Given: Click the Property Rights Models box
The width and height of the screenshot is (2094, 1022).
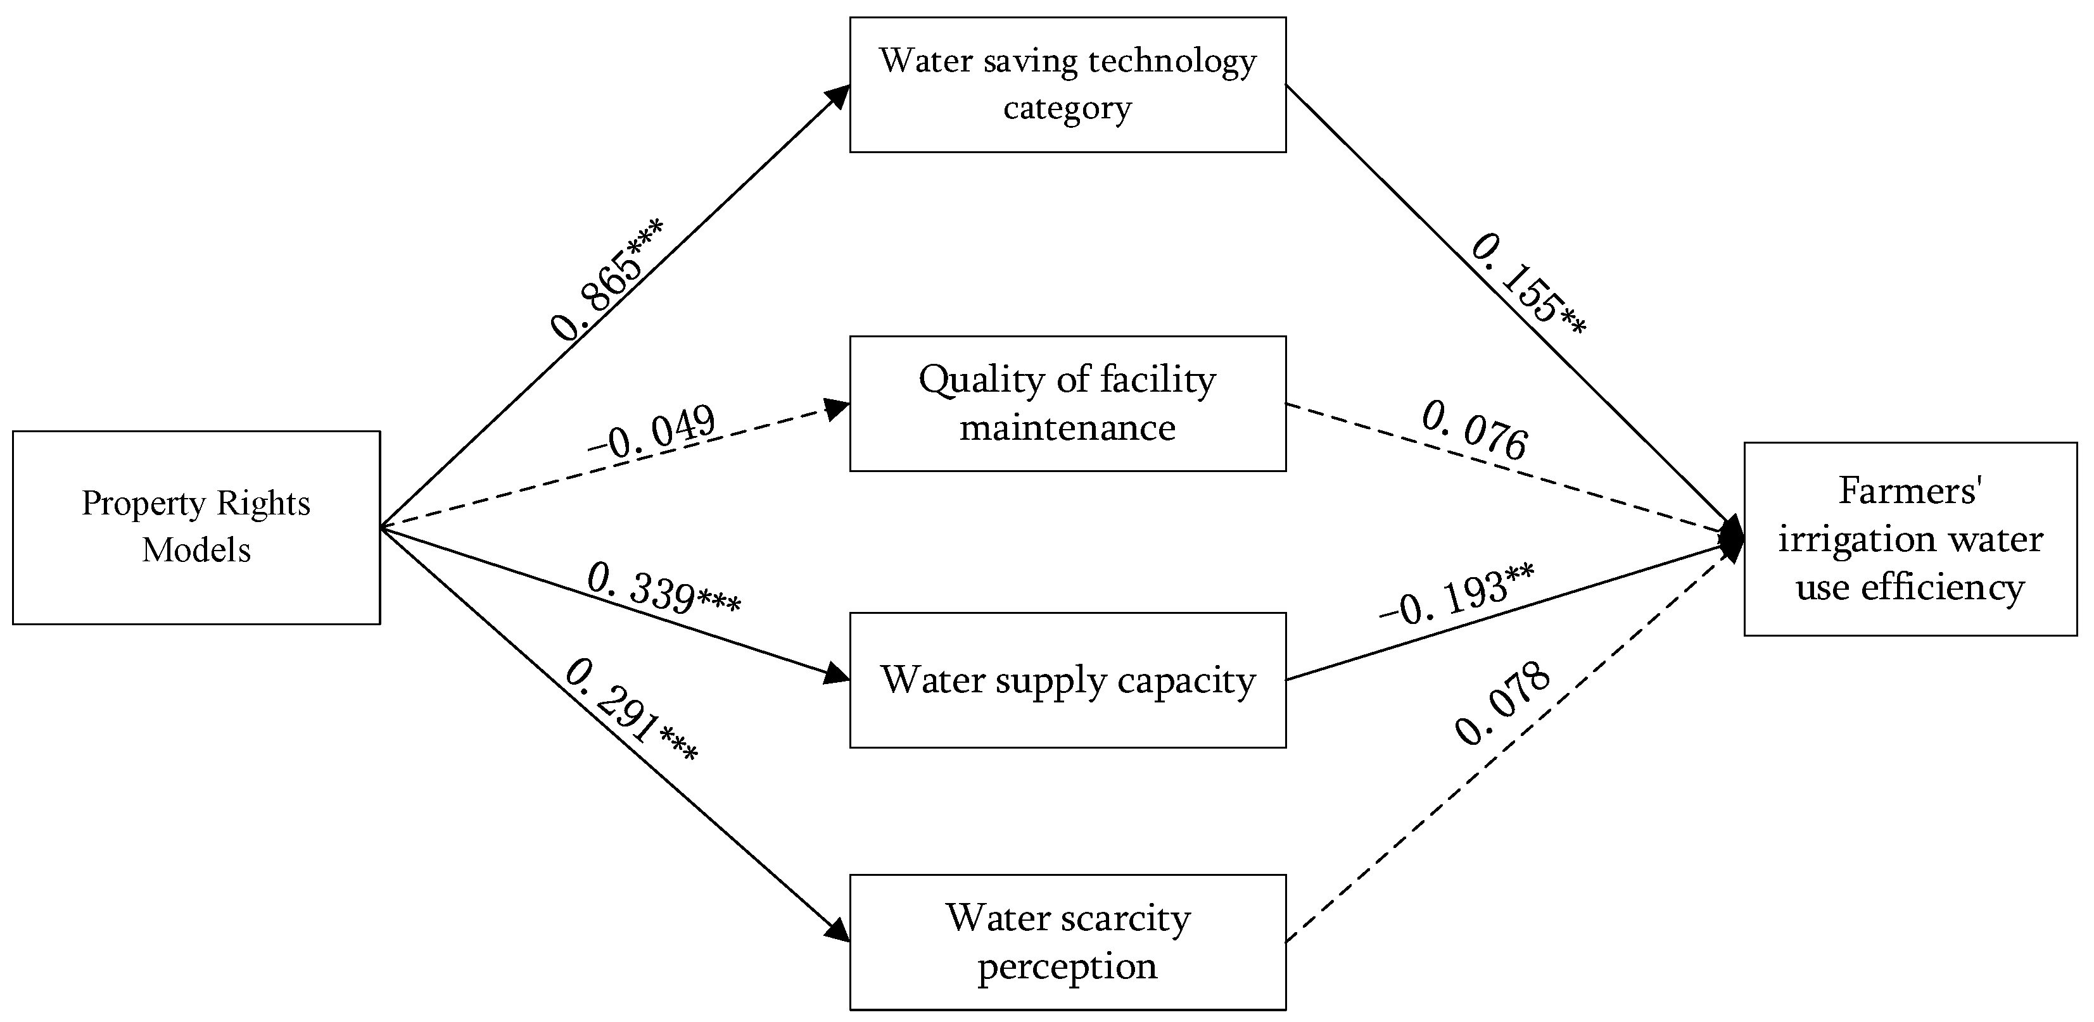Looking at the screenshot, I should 196,527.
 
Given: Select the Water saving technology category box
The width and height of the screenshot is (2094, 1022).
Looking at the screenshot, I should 1067,85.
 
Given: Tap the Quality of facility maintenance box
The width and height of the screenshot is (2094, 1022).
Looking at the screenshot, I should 1067,404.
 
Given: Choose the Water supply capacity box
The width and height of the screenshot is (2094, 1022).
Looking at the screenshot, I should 1067,680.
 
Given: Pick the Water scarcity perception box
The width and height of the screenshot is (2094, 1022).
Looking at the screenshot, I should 1067,942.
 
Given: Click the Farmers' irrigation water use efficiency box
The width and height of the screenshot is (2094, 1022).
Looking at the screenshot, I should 1910,539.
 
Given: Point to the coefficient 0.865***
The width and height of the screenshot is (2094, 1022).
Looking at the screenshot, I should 606,278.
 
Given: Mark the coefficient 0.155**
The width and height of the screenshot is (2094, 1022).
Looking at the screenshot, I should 1528,284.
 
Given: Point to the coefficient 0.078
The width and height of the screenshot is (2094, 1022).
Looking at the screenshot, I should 1502,704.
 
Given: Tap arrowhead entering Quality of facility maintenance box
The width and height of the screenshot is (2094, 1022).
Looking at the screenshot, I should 837,407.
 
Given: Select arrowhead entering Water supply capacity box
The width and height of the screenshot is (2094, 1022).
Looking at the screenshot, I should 837,675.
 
